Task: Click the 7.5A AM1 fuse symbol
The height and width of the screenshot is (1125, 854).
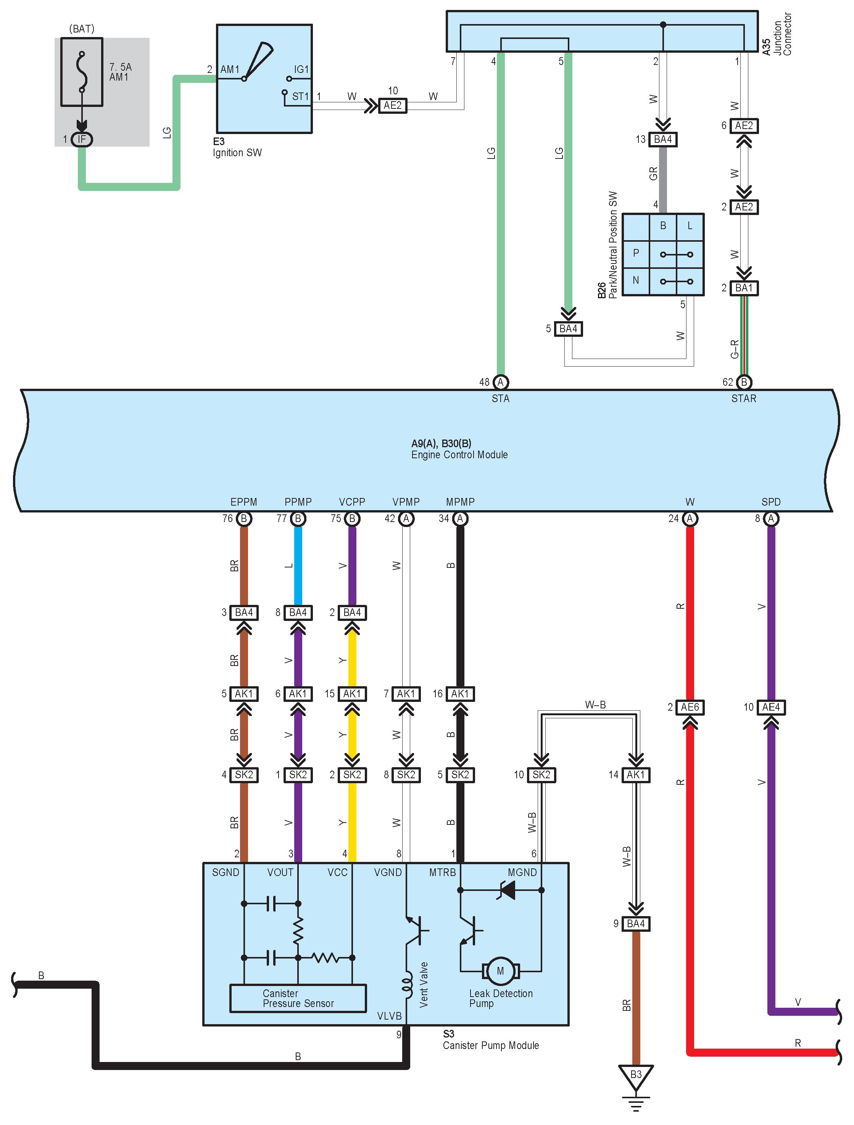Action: (x=81, y=72)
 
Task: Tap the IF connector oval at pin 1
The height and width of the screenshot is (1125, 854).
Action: (x=81, y=139)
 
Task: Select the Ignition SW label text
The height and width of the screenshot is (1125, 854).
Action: (x=237, y=153)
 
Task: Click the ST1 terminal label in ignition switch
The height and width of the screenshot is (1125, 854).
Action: (x=300, y=96)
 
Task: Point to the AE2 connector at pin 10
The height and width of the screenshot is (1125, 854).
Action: (x=392, y=106)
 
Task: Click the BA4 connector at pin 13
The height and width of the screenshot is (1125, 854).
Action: (x=662, y=139)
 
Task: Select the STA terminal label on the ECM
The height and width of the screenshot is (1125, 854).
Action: (x=500, y=399)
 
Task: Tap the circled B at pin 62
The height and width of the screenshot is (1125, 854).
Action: (x=744, y=382)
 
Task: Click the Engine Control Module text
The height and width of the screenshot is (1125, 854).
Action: (x=459, y=455)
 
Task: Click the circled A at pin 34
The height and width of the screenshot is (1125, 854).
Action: (x=460, y=518)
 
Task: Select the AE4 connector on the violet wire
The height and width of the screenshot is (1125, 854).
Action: (x=771, y=707)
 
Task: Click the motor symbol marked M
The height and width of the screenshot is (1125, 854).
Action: (x=500, y=971)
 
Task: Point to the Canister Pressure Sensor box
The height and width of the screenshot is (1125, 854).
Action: (x=298, y=998)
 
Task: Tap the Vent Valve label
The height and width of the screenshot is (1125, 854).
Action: (x=424, y=984)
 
